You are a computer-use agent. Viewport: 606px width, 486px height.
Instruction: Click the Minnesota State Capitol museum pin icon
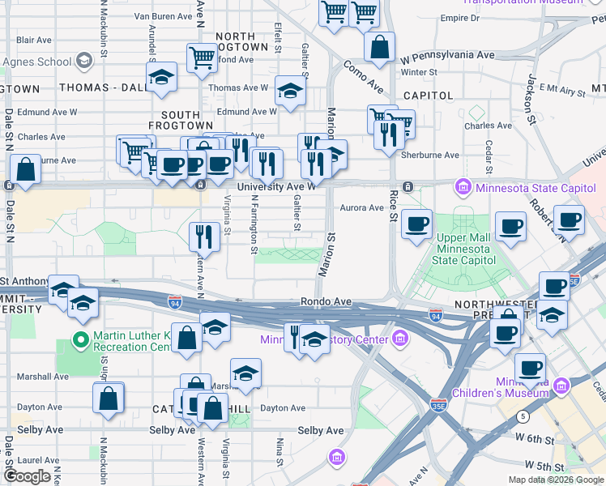point(463,187)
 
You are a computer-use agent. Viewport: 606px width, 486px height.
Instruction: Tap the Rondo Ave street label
point(326,301)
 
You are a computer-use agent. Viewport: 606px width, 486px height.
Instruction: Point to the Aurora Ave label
point(361,208)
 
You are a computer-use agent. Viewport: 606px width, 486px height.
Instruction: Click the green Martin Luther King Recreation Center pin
point(80,339)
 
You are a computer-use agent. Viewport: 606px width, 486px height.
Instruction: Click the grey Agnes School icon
point(83,61)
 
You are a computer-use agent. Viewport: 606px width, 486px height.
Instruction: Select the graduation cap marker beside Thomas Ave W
point(289,91)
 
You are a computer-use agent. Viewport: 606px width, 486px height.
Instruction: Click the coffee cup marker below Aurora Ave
point(416,224)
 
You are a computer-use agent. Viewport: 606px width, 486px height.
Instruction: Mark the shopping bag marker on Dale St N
point(26,170)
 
